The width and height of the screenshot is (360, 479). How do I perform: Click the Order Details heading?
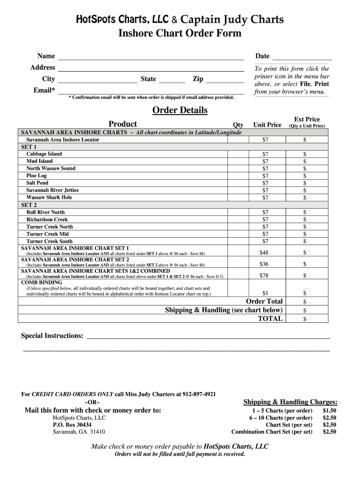tap(180, 110)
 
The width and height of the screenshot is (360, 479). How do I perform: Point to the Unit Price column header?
tap(267, 125)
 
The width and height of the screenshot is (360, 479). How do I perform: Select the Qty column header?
tap(238, 125)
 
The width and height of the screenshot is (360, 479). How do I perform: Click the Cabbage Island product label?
tap(44, 154)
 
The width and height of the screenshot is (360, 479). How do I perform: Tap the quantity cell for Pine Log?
tap(238, 176)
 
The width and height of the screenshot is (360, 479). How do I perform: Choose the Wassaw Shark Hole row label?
tap(49, 197)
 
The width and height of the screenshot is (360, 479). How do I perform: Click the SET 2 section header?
tap(29, 205)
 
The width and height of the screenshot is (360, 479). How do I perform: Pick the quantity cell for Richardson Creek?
tap(238, 219)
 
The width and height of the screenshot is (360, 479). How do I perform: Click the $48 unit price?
tap(264, 253)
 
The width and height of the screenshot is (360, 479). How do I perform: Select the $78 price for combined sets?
tap(264, 276)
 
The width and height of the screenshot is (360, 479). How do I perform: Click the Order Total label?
tap(264, 302)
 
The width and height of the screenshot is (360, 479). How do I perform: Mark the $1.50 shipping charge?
tap(329, 411)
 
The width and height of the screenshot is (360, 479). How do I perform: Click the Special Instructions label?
tap(52, 336)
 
